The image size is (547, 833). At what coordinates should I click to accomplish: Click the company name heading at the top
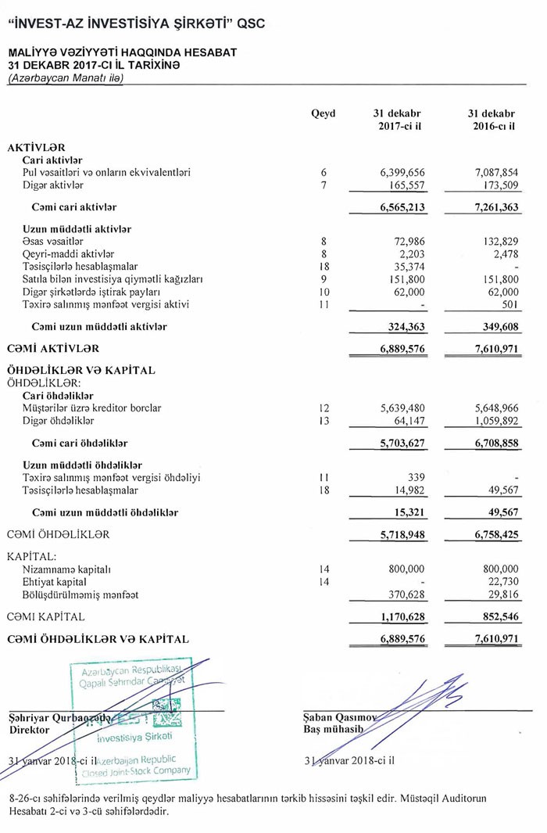pyautogui.click(x=136, y=23)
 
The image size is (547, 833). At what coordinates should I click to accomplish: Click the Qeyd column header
pyautogui.click(x=323, y=113)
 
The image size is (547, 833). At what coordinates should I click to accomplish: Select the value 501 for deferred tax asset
pyautogui.click(x=509, y=304)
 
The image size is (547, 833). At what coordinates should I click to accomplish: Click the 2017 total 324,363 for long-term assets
pyautogui.click(x=406, y=326)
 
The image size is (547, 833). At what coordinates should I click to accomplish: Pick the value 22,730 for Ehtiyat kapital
pyautogui.click(x=500, y=582)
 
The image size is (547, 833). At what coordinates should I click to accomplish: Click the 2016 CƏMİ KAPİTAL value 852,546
pyautogui.click(x=495, y=617)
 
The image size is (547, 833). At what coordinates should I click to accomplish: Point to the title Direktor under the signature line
pyautogui.click(x=29, y=729)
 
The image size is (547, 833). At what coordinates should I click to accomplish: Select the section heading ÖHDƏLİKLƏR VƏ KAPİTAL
pyautogui.click(x=81, y=370)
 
